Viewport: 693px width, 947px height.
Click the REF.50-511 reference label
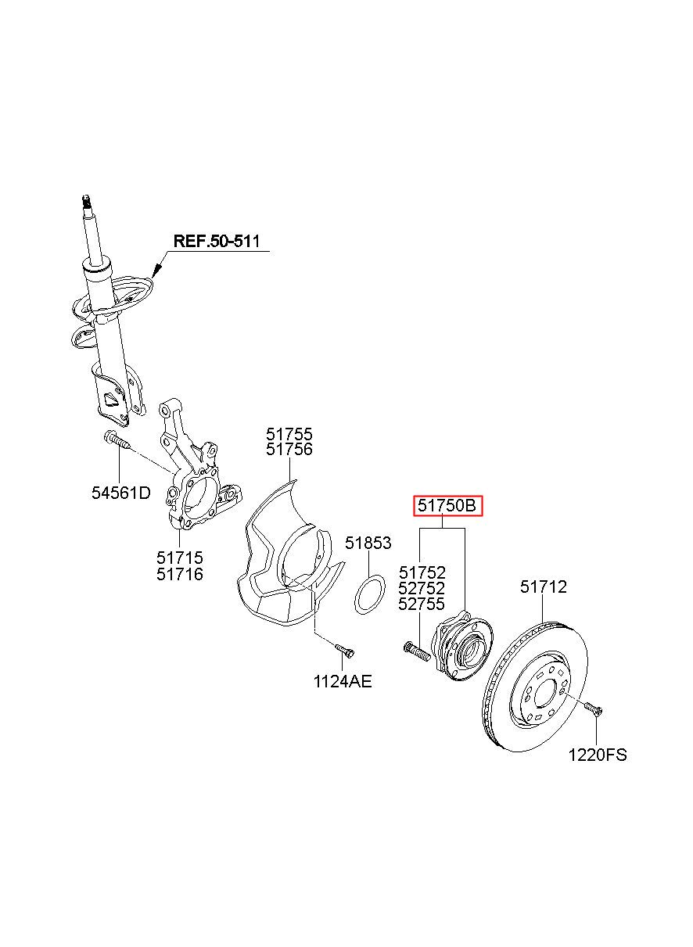(217, 242)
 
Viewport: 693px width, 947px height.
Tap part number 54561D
(121, 493)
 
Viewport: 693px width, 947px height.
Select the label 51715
(180, 558)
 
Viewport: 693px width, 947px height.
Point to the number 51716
(180, 574)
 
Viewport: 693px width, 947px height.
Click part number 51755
(289, 434)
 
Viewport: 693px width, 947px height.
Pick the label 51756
(289, 450)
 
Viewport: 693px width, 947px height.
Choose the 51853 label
(368, 543)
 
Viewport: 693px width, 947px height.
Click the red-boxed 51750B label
(447, 506)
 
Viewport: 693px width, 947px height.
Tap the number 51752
(422, 573)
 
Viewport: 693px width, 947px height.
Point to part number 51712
(543, 586)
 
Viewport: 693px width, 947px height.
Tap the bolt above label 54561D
(117, 439)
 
